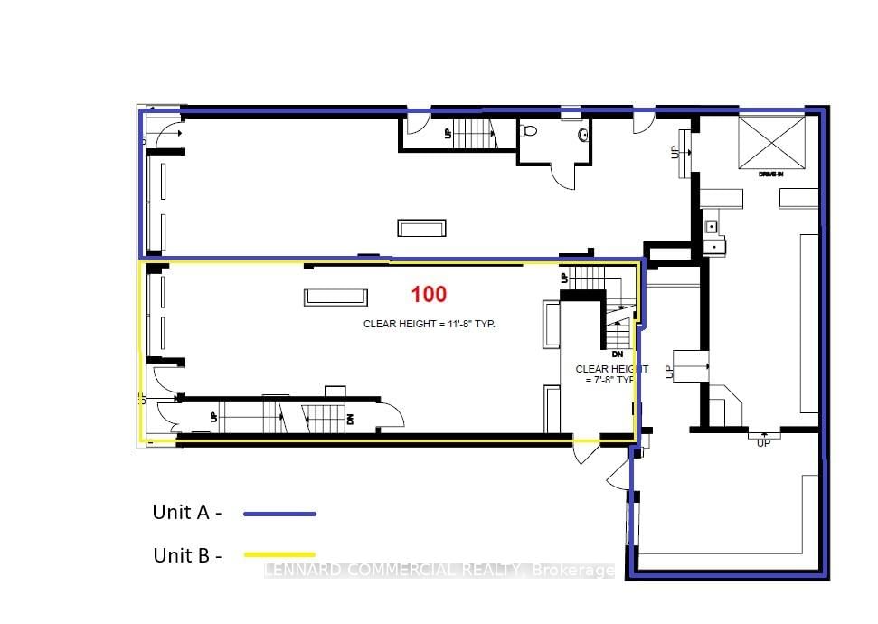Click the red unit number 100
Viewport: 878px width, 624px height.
[x=429, y=294]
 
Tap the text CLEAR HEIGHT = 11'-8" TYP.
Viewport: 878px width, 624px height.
[x=430, y=323]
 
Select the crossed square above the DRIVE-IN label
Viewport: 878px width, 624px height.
[x=770, y=142]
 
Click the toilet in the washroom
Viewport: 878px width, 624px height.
[x=530, y=131]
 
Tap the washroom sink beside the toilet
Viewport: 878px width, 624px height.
[x=584, y=135]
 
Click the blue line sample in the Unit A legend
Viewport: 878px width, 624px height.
[x=279, y=514]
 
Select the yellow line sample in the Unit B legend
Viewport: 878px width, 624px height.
[x=279, y=554]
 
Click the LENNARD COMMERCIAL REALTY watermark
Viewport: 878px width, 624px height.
[x=439, y=571]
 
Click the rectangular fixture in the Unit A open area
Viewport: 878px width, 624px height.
[x=421, y=227]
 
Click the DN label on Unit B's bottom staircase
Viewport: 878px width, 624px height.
[x=349, y=419]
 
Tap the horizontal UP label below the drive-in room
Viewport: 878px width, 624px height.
[x=763, y=443]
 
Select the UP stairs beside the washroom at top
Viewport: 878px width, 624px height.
[x=470, y=133]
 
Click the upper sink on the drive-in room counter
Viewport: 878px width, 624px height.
[x=712, y=226]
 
